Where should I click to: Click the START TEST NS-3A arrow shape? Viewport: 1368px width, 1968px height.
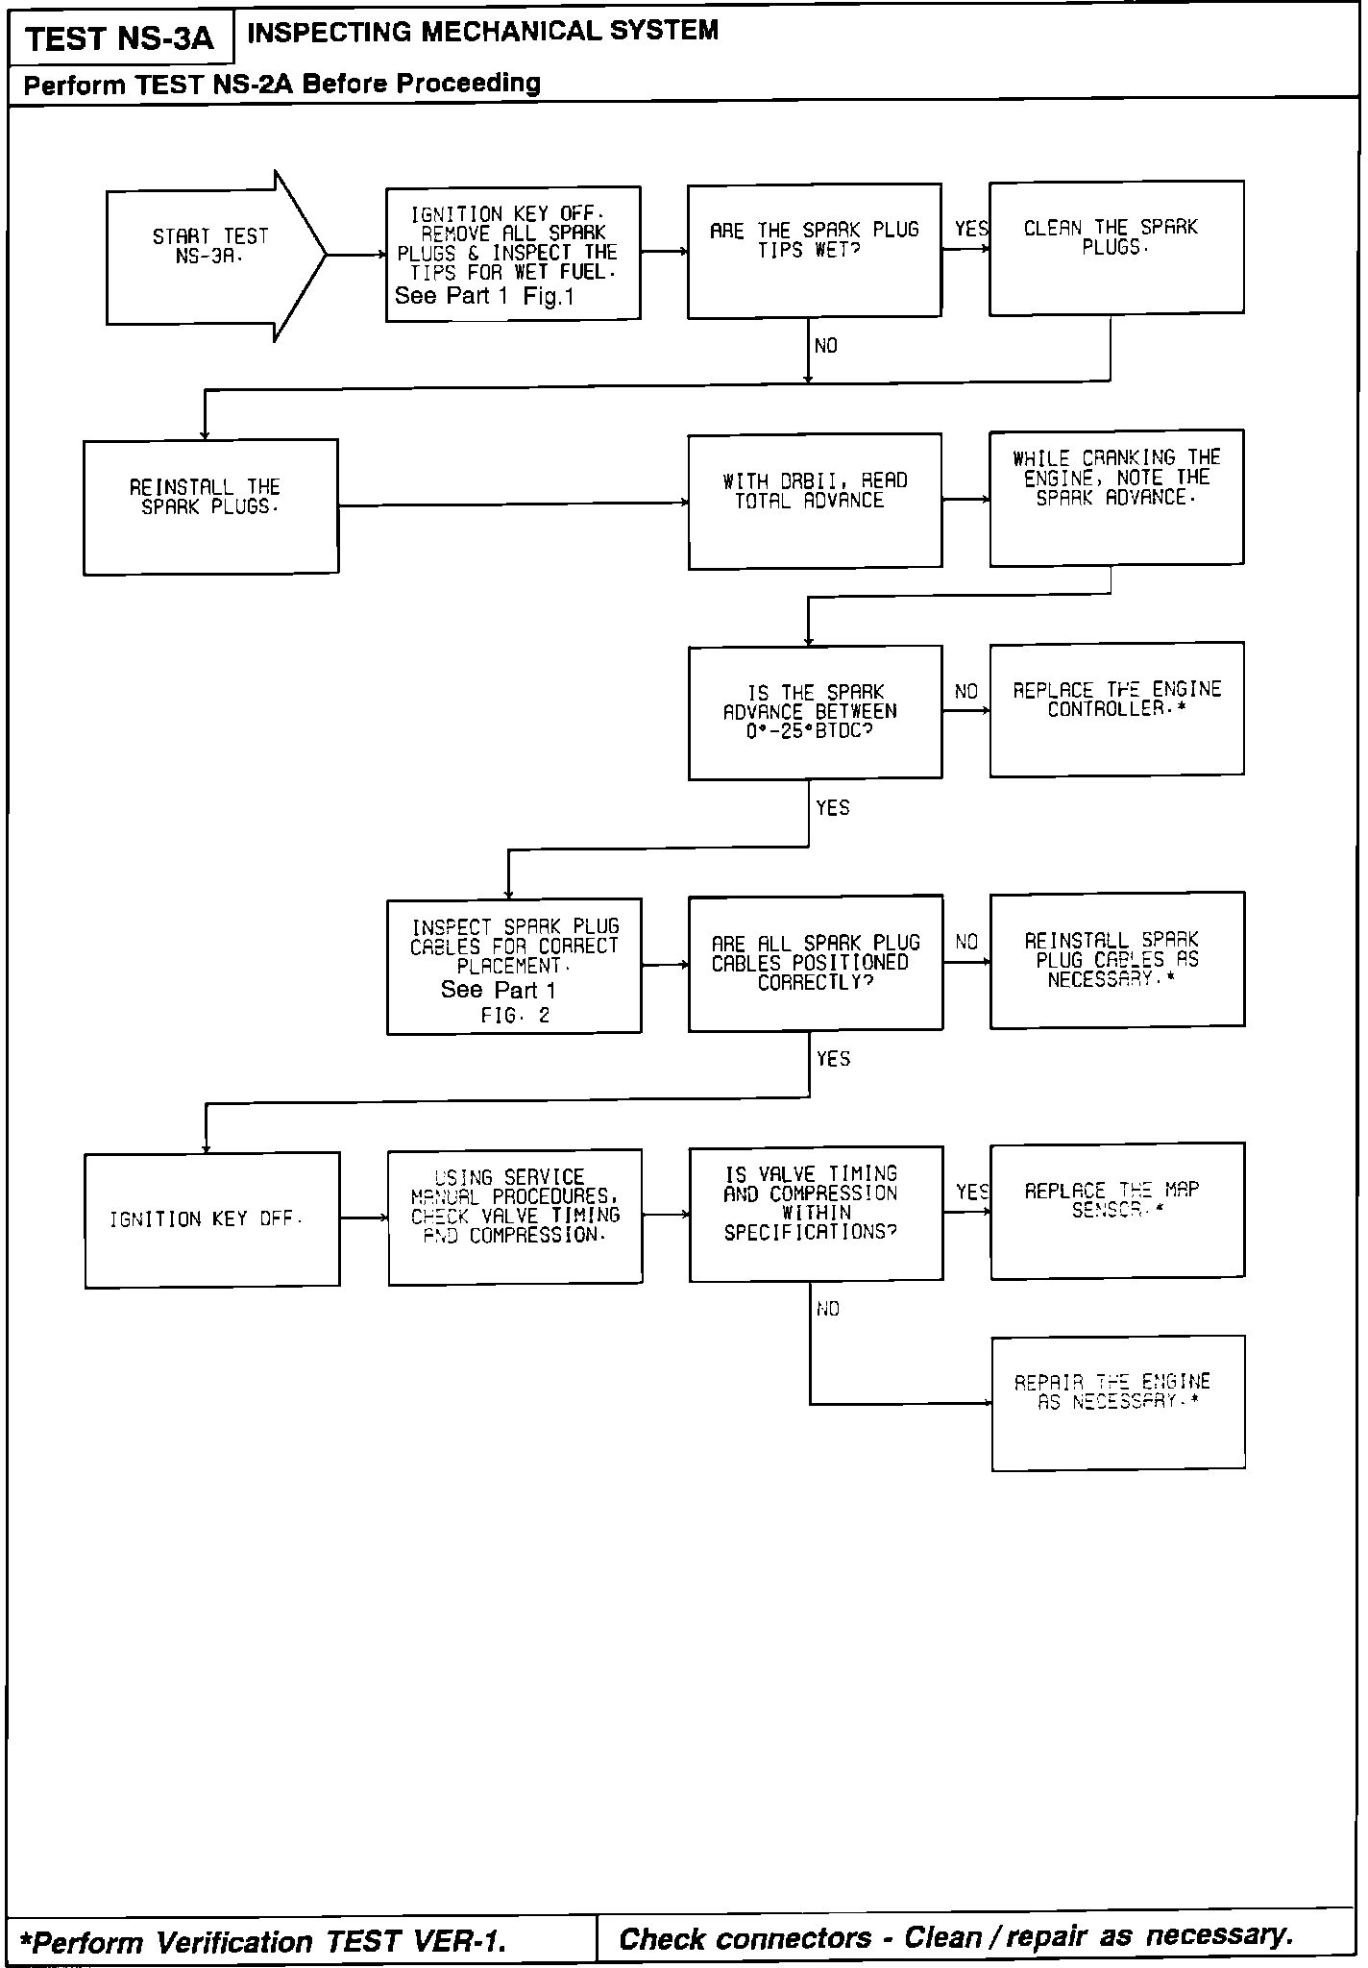(x=211, y=256)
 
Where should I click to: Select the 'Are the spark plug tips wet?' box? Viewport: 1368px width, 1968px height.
(x=814, y=253)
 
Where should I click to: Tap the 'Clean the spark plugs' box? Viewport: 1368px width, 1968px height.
(x=1116, y=248)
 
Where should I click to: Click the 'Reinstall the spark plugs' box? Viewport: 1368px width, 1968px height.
(x=210, y=506)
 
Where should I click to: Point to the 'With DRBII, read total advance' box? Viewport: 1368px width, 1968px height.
(x=815, y=501)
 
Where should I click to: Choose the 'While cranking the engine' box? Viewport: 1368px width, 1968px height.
(x=1116, y=497)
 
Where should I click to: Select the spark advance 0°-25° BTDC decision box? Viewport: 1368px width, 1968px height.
(x=815, y=712)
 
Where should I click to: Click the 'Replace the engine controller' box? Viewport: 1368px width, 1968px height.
(x=1116, y=708)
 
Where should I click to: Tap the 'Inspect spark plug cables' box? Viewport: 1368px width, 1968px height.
(x=514, y=966)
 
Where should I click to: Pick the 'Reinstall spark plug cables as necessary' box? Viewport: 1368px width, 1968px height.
(x=1117, y=960)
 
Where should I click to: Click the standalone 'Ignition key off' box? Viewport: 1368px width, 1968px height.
(x=211, y=1219)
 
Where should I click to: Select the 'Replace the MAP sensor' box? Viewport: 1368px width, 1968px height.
(x=1117, y=1211)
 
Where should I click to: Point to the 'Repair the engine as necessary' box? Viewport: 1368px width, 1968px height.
(x=1118, y=1403)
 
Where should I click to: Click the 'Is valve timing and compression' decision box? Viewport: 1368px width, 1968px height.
(x=816, y=1213)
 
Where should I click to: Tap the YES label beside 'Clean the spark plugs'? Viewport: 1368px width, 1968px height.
(x=970, y=229)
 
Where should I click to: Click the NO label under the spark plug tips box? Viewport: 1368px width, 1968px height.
(x=825, y=346)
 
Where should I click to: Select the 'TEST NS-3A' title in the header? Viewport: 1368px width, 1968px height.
(x=119, y=39)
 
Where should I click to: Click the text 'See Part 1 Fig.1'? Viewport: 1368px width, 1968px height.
(x=484, y=296)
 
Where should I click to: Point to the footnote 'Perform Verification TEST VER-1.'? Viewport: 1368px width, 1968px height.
(x=268, y=1942)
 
